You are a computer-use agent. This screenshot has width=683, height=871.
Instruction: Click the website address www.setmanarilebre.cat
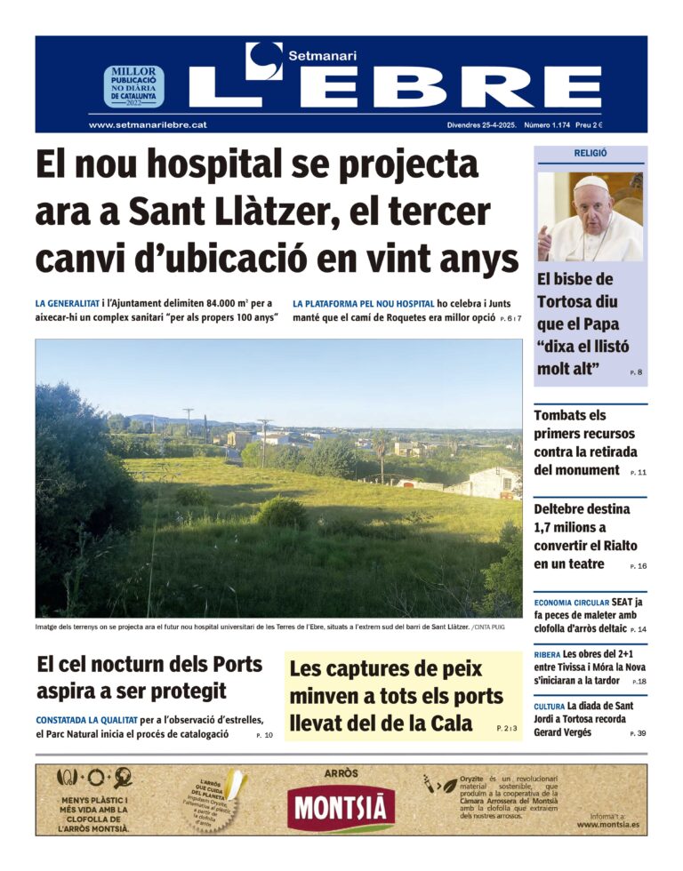(148, 125)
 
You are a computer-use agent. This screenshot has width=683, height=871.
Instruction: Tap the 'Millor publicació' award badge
(133, 86)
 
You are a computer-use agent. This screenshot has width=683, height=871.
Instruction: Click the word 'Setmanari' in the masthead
(322, 55)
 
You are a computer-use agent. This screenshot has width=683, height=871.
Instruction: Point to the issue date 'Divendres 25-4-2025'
(481, 125)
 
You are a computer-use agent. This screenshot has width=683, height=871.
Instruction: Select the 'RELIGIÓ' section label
(591, 153)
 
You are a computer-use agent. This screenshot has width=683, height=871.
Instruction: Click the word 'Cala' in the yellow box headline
(451, 723)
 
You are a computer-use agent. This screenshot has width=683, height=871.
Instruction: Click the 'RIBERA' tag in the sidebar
(547, 654)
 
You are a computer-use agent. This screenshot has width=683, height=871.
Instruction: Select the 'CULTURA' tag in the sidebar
(549, 706)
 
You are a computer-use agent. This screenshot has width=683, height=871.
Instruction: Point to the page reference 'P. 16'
(638, 566)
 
